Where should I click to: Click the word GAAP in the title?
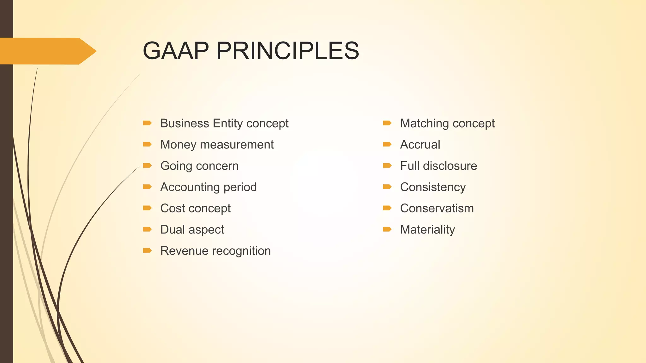coord(175,51)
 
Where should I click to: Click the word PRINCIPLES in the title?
coord(287,51)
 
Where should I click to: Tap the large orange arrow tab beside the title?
coord(47,51)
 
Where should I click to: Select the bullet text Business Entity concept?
coord(224,123)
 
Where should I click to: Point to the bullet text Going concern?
coord(199,166)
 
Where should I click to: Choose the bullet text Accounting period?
coord(208,187)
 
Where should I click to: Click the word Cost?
coord(173,208)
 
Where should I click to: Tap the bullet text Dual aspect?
coord(192,230)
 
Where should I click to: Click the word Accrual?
coord(420,145)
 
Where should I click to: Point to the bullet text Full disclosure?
coord(438,166)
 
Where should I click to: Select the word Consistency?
coord(433,187)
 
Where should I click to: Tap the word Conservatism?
coord(437,208)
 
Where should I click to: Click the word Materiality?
coord(427,230)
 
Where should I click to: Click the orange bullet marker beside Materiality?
coord(387,229)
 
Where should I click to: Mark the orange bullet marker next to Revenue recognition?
coord(147,251)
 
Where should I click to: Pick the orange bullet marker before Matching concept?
coord(387,123)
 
